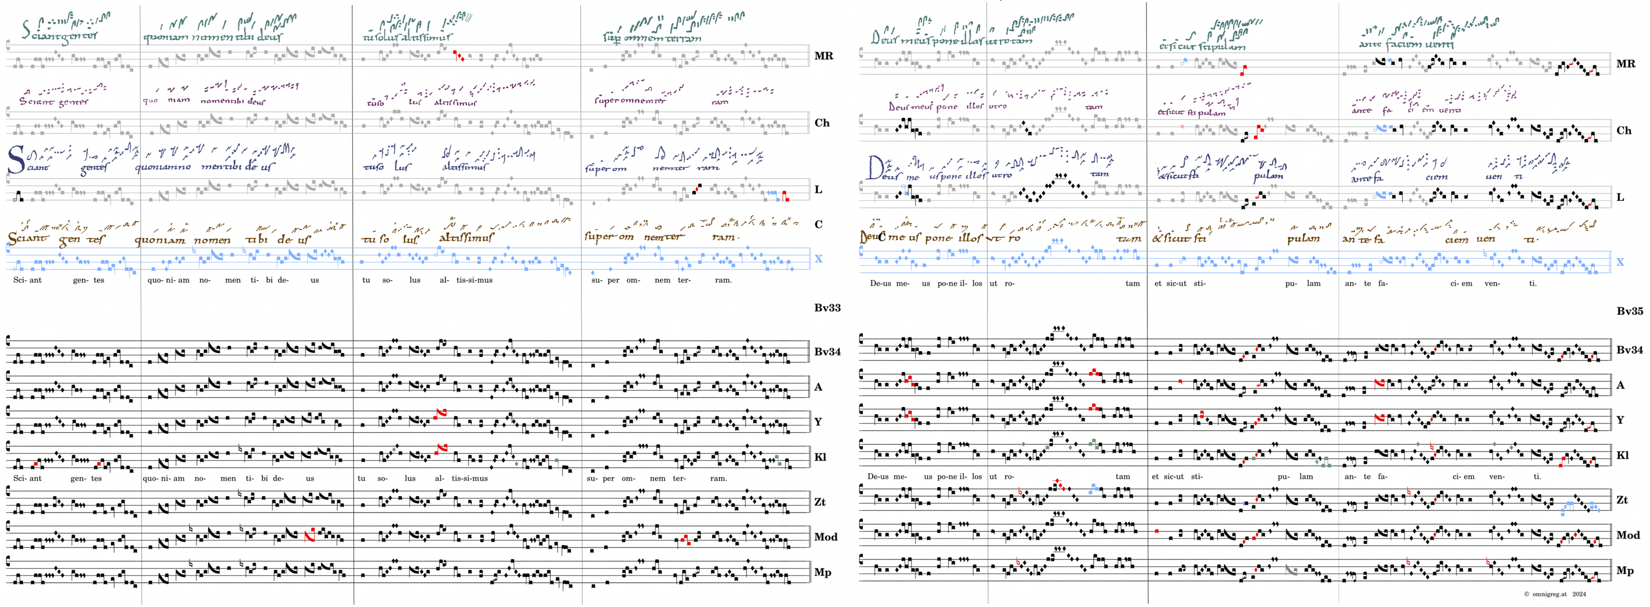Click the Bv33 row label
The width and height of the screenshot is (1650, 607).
[827, 308]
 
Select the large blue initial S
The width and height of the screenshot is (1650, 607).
[15, 160]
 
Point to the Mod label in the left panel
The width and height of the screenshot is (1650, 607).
[825, 537]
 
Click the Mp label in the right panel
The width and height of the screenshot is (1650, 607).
[1624, 570]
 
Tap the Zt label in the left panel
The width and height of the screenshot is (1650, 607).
[820, 502]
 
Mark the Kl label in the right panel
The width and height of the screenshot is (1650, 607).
[1623, 455]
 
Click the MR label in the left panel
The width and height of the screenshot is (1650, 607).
[824, 56]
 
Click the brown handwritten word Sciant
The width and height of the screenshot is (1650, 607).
[27, 238]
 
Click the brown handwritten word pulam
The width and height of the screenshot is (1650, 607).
[1303, 238]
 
